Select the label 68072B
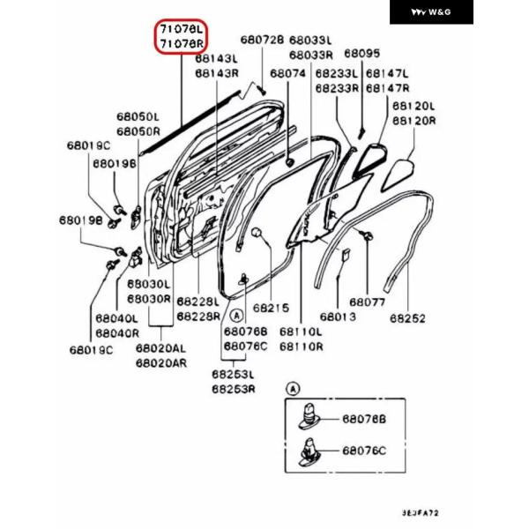pos(262,41)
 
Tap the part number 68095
pos(361,53)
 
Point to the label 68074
pos(287,74)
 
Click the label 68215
pos(271,309)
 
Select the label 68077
pos(367,302)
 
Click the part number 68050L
pos(137,116)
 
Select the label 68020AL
pos(160,348)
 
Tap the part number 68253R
pos(233,388)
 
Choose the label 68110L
pos(301,332)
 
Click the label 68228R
pos(197,316)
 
